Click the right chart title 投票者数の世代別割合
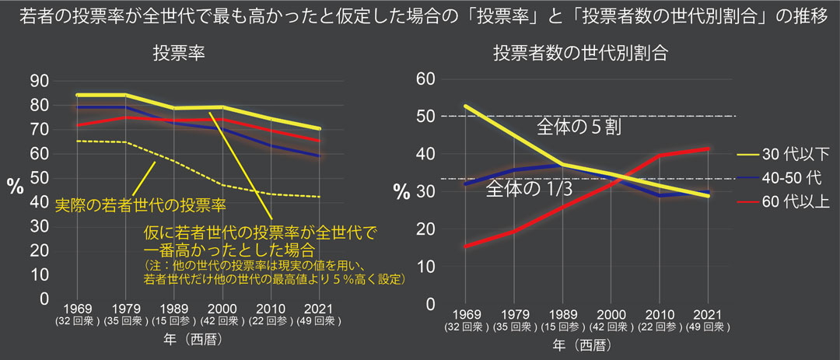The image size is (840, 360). coord(580,54)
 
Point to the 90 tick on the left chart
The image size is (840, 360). coord(39,81)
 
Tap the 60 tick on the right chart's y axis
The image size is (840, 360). coord(425,79)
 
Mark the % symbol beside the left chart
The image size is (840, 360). coord(15,185)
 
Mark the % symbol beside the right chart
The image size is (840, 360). coord(401,192)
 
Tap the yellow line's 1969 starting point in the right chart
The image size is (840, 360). coord(465,107)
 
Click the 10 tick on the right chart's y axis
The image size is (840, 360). coord(425,266)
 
